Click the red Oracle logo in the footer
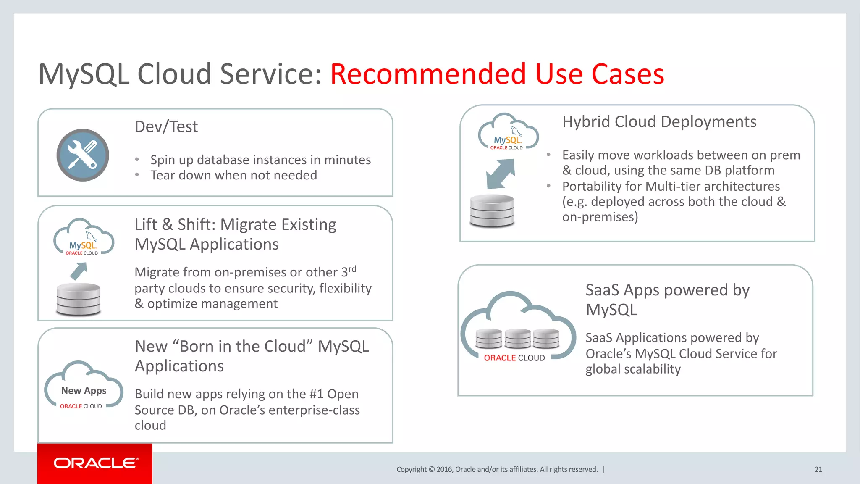[95, 463]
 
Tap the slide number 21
[818, 469]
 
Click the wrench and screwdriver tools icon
[83, 155]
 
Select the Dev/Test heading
[166, 126]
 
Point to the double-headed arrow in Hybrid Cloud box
[500, 174]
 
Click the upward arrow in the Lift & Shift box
[79, 271]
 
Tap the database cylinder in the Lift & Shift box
[79, 299]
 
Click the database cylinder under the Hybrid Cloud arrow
[492, 211]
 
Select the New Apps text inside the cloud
[84, 391]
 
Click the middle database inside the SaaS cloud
[517, 339]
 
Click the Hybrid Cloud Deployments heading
[659, 122]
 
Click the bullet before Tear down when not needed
[137, 175]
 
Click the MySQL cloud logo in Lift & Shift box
[83, 238]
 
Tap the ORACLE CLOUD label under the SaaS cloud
[514, 358]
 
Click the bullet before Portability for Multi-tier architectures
[548, 186]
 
